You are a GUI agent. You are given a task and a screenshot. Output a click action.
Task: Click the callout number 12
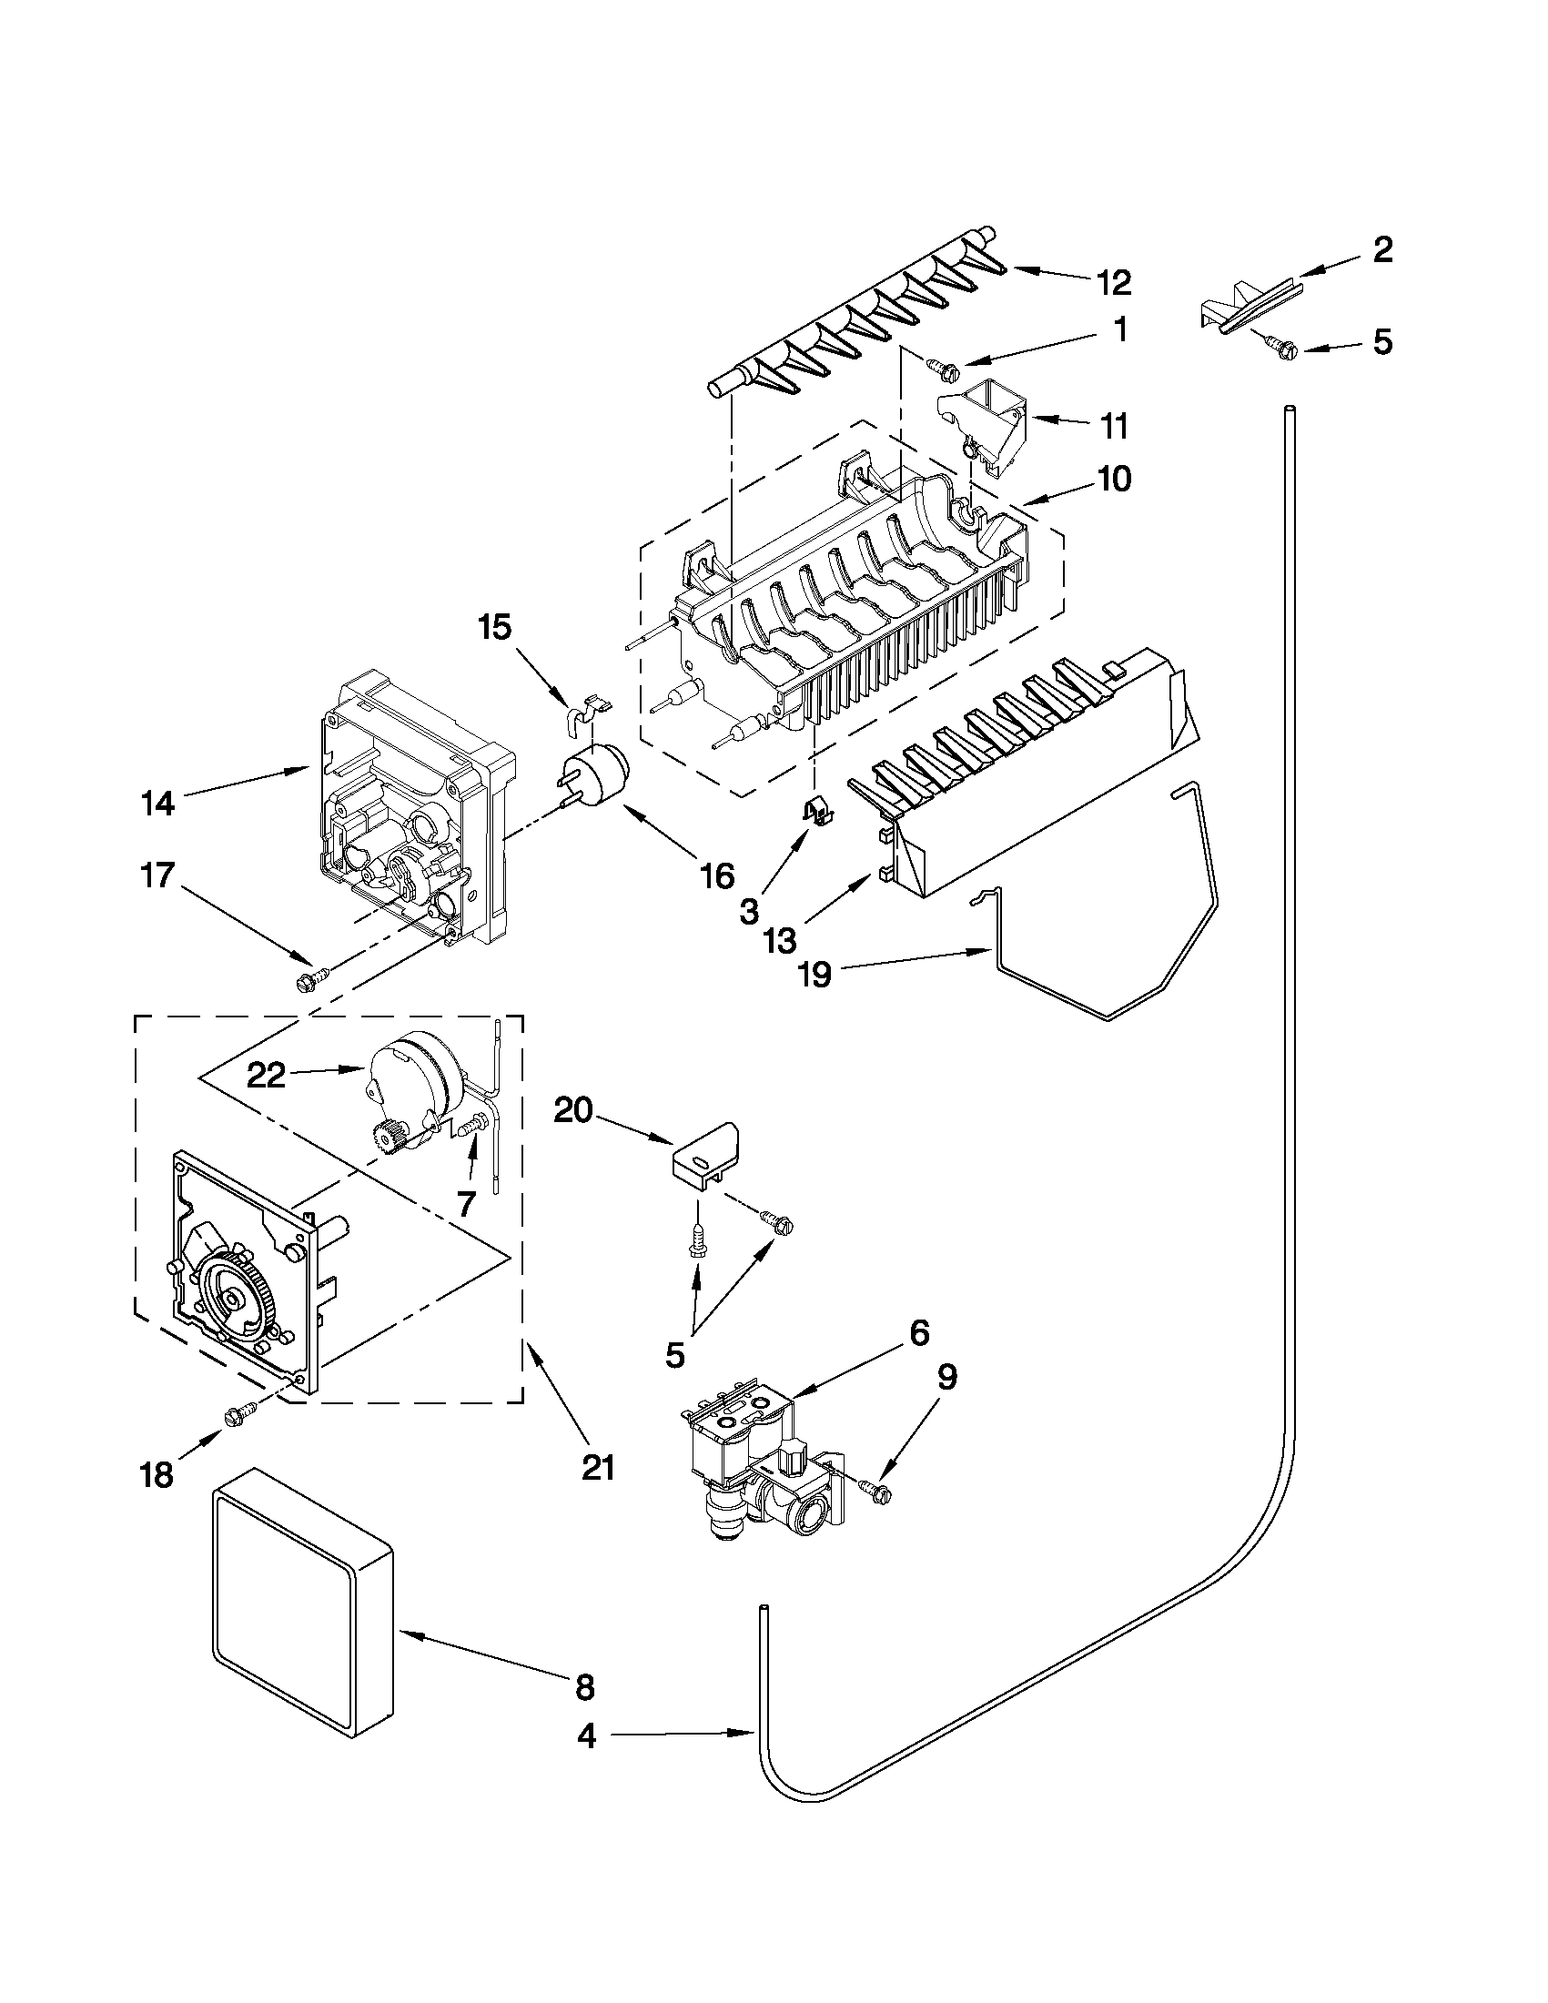[1113, 281]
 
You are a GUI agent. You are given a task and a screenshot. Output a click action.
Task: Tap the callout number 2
[1382, 249]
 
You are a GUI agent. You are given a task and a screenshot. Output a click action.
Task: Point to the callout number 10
[1113, 479]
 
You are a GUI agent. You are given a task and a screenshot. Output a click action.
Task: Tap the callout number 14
[157, 804]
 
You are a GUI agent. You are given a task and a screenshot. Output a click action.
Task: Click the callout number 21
[597, 1467]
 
